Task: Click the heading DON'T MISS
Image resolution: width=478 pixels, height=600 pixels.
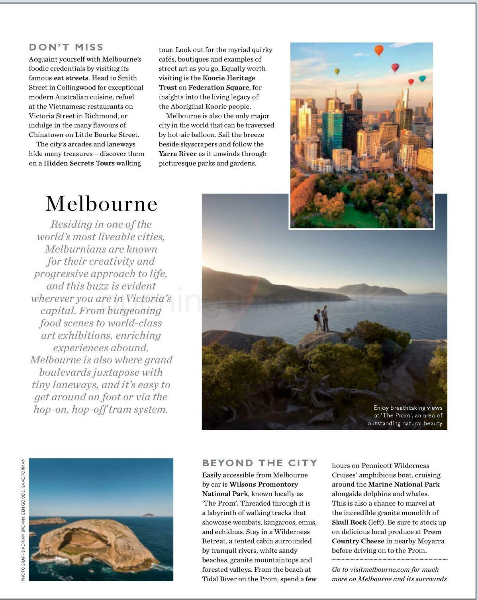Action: click(x=66, y=47)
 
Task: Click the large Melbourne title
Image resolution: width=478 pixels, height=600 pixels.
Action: click(x=101, y=203)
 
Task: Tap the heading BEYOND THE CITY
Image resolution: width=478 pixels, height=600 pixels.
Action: click(x=260, y=463)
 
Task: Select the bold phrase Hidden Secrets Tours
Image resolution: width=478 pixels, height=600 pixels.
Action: click(x=79, y=163)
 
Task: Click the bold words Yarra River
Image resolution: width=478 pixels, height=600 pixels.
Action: click(x=178, y=154)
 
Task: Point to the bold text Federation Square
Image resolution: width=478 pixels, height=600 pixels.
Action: click(x=219, y=88)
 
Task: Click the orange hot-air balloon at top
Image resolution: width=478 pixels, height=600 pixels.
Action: click(x=379, y=50)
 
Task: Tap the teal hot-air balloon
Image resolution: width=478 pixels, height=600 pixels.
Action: click(x=422, y=79)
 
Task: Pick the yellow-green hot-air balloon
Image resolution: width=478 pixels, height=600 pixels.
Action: click(x=337, y=71)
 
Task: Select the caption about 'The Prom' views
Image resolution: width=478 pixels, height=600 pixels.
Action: click(x=405, y=415)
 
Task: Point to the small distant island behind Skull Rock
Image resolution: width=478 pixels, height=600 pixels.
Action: click(x=148, y=515)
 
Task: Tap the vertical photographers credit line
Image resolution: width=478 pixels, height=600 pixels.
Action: click(x=23, y=520)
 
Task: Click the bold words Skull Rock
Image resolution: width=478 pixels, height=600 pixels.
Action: click(x=349, y=522)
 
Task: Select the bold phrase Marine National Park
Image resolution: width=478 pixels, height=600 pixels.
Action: click(x=404, y=485)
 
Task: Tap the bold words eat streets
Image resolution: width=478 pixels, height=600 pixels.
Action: click(x=71, y=78)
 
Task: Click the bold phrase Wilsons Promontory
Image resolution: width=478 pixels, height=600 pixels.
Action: click(x=264, y=485)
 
